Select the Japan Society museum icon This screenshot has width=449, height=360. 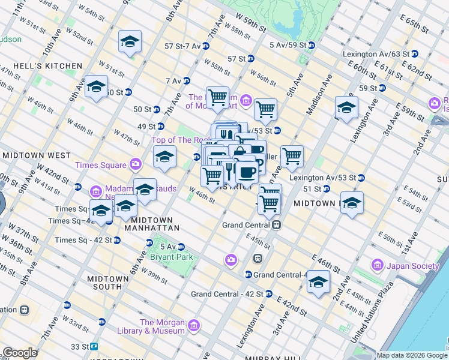(378, 265)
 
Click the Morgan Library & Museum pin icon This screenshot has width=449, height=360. (193, 326)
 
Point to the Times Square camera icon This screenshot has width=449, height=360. (135, 164)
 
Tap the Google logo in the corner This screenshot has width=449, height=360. (20, 353)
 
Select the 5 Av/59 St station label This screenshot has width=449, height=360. (292, 44)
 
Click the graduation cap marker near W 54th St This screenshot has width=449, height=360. (130, 42)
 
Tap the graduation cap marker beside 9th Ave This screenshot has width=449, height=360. (96, 87)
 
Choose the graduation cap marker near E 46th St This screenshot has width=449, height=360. (318, 283)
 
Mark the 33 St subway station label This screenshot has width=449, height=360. (84, 346)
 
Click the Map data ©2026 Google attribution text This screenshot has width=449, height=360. (411, 355)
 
